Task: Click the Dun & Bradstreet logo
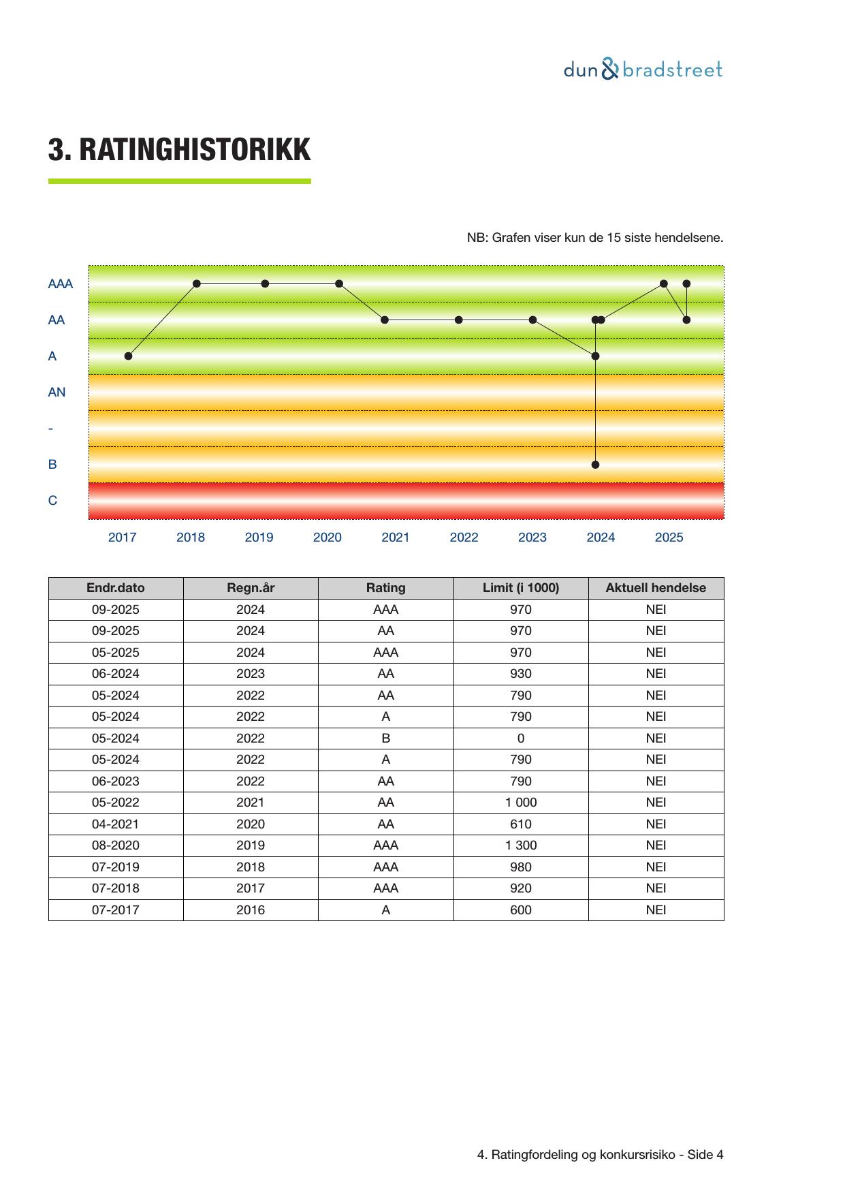tap(643, 69)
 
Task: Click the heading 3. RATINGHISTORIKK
tap(179, 150)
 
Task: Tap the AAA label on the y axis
tap(60, 284)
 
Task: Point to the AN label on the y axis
tap(57, 392)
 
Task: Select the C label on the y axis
tap(52, 501)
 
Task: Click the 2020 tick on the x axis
tap(327, 538)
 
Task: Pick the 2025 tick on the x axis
tap(669, 538)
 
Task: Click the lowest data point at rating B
tap(596, 465)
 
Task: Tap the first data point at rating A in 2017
tap(129, 356)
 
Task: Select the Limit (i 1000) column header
tap(521, 588)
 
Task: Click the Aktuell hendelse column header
tap(656, 588)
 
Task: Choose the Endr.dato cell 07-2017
tap(116, 910)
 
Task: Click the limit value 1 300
tap(521, 845)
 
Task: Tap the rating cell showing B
tap(386, 739)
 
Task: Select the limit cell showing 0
tap(521, 739)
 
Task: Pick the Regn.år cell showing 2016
tap(251, 910)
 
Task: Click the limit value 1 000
tap(521, 803)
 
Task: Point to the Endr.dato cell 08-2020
tap(116, 845)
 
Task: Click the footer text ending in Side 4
tap(600, 1155)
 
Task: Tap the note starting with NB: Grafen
tap(594, 238)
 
